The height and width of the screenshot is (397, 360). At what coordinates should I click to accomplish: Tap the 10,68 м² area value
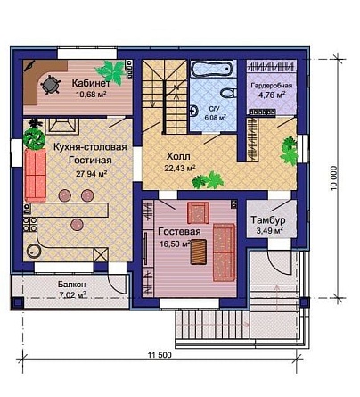tap(91, 95)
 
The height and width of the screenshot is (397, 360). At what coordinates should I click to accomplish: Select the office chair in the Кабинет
tap(51, 85)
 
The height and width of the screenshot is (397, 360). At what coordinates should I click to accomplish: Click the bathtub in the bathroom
tap(213, 70)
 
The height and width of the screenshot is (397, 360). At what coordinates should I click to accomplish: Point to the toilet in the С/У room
tap(229, 93)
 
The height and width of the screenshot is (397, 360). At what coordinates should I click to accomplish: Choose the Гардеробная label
tap(272, 86)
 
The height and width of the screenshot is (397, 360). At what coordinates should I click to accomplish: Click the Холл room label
tap(178, 156)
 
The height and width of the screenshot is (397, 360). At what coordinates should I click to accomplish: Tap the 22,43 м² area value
tap(180, 169)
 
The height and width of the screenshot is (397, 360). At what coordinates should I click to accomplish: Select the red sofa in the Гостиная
tap(36, 176)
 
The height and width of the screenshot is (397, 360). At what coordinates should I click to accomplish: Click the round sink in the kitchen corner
tap(33, 251)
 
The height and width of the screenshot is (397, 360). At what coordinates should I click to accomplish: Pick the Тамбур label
tap(268, 220)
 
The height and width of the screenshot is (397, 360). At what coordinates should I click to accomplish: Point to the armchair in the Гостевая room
tap(198, 212)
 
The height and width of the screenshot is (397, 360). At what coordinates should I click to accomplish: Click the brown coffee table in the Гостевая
tap(199, 252)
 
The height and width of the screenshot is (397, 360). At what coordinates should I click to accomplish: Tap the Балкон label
tap(72, 285)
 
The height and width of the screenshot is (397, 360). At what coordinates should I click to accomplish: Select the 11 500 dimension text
tap(160, 355)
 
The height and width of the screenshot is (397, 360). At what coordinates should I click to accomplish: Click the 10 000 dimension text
tap(334, 178)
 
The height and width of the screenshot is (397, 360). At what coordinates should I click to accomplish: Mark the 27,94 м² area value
tap(92, 174)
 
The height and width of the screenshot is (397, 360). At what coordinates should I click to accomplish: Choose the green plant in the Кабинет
tap(110, 71)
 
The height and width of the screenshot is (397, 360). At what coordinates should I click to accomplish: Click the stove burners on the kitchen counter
tap(30, 225)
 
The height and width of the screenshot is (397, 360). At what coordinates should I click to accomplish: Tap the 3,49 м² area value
tap(269, 231)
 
